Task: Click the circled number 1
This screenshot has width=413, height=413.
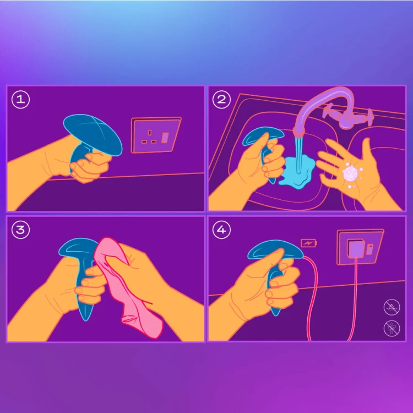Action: pyautogui.click(x=20, y=100)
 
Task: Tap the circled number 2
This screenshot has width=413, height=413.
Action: pyautogui.click(x=221, y=100)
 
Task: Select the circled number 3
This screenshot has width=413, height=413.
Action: pyautogui.click(x=20, y=230)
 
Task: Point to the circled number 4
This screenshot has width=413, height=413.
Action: pyautogui.click(x=221, y=230)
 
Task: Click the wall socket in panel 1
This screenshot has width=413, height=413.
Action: pyautogui.click(x=156, y=135)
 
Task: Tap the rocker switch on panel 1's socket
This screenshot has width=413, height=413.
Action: pyautogui.click(x=165, y=138)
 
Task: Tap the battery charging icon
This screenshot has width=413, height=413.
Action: pyautogui.click(x=309, y=243)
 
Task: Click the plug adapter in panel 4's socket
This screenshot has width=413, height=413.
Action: pyautogui.click(x=356, y=248)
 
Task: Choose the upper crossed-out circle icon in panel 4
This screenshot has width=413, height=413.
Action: pyautogui.click(x=392, y=307)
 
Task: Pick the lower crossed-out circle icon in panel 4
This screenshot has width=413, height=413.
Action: pyautogui.click(x=392, y=328)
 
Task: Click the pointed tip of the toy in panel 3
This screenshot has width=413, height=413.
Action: pyautogui.click(x=85, y=320)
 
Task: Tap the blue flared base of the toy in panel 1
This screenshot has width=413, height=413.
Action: pyautogui.click(x=93, y=134)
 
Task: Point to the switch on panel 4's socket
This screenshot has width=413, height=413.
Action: pyautogui.click(x=370, y=249)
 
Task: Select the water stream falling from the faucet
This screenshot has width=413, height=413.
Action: pyautogui.click(x=298, y=155)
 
